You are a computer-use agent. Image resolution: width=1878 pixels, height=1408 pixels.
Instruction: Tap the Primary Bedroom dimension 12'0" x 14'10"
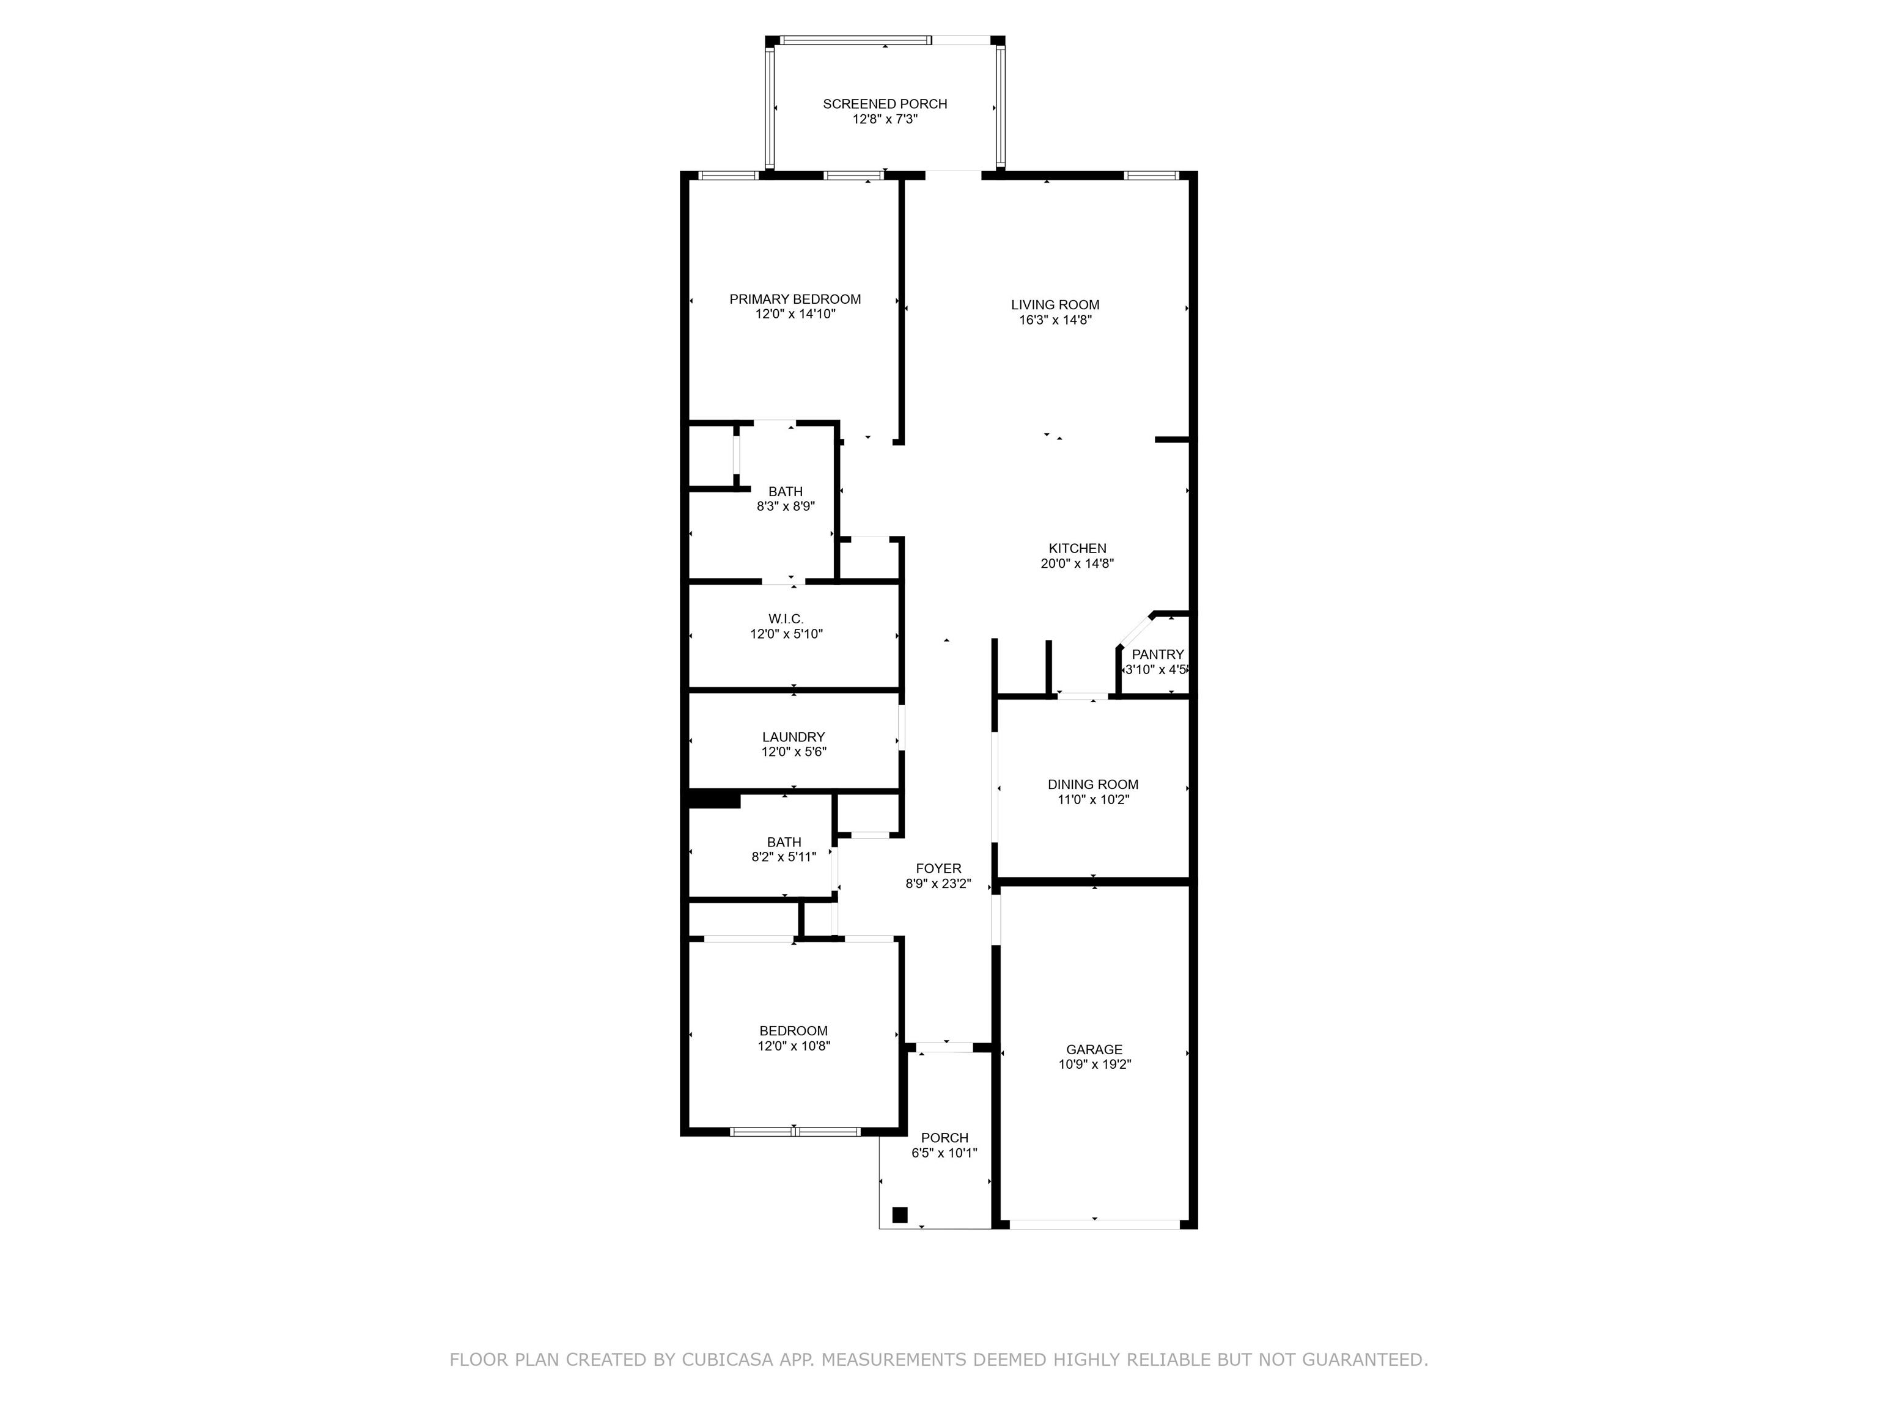[x=795, y=314]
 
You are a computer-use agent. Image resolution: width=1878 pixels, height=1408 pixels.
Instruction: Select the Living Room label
[x=1055, y=305]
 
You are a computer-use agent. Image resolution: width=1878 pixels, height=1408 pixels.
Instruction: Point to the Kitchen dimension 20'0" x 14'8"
[x=1077, y=563]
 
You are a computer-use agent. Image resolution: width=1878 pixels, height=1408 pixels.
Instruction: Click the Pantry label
[x=1157, y=654]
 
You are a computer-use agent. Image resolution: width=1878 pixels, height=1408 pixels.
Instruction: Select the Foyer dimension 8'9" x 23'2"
[x=938, y=884]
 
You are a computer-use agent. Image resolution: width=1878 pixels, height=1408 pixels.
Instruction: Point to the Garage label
[x=1094, y=1050]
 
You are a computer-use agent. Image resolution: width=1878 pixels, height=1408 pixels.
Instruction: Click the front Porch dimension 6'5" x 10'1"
[x=944, y=1153]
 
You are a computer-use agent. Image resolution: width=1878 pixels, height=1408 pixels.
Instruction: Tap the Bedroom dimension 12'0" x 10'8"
[x=794, y=1046]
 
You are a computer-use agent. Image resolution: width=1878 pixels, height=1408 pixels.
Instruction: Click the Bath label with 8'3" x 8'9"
[x=786, y=491]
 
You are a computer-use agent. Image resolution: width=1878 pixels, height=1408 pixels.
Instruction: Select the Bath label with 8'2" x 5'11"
[x=784, y=843]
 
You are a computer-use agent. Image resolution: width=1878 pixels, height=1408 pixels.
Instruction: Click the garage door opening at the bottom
[x=1094, y=1224]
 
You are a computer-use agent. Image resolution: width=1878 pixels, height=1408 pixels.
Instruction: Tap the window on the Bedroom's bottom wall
[x=795, y=1131]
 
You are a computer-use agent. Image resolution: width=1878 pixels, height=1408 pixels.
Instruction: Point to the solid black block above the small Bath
[x=714, y=799]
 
